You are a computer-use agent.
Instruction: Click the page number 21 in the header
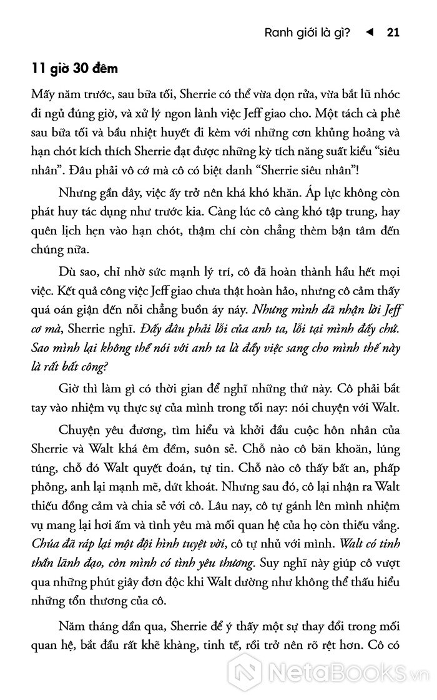(x=393, y=32)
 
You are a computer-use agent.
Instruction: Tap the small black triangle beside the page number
(x=370, y=32)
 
